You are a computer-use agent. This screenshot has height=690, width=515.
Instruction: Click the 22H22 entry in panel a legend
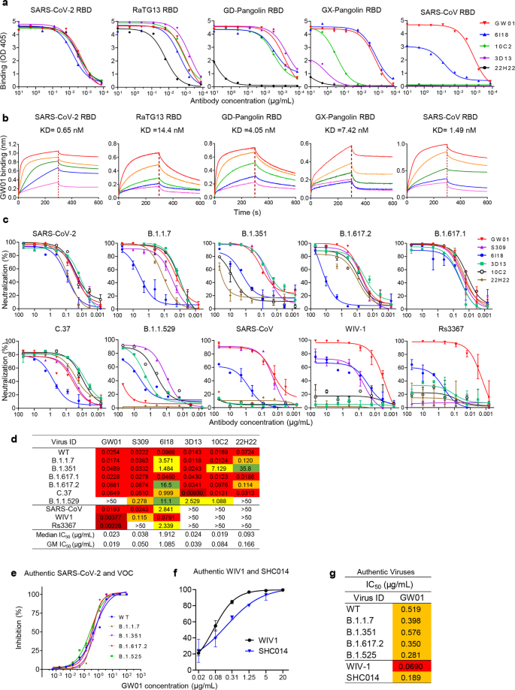[494, 68]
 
